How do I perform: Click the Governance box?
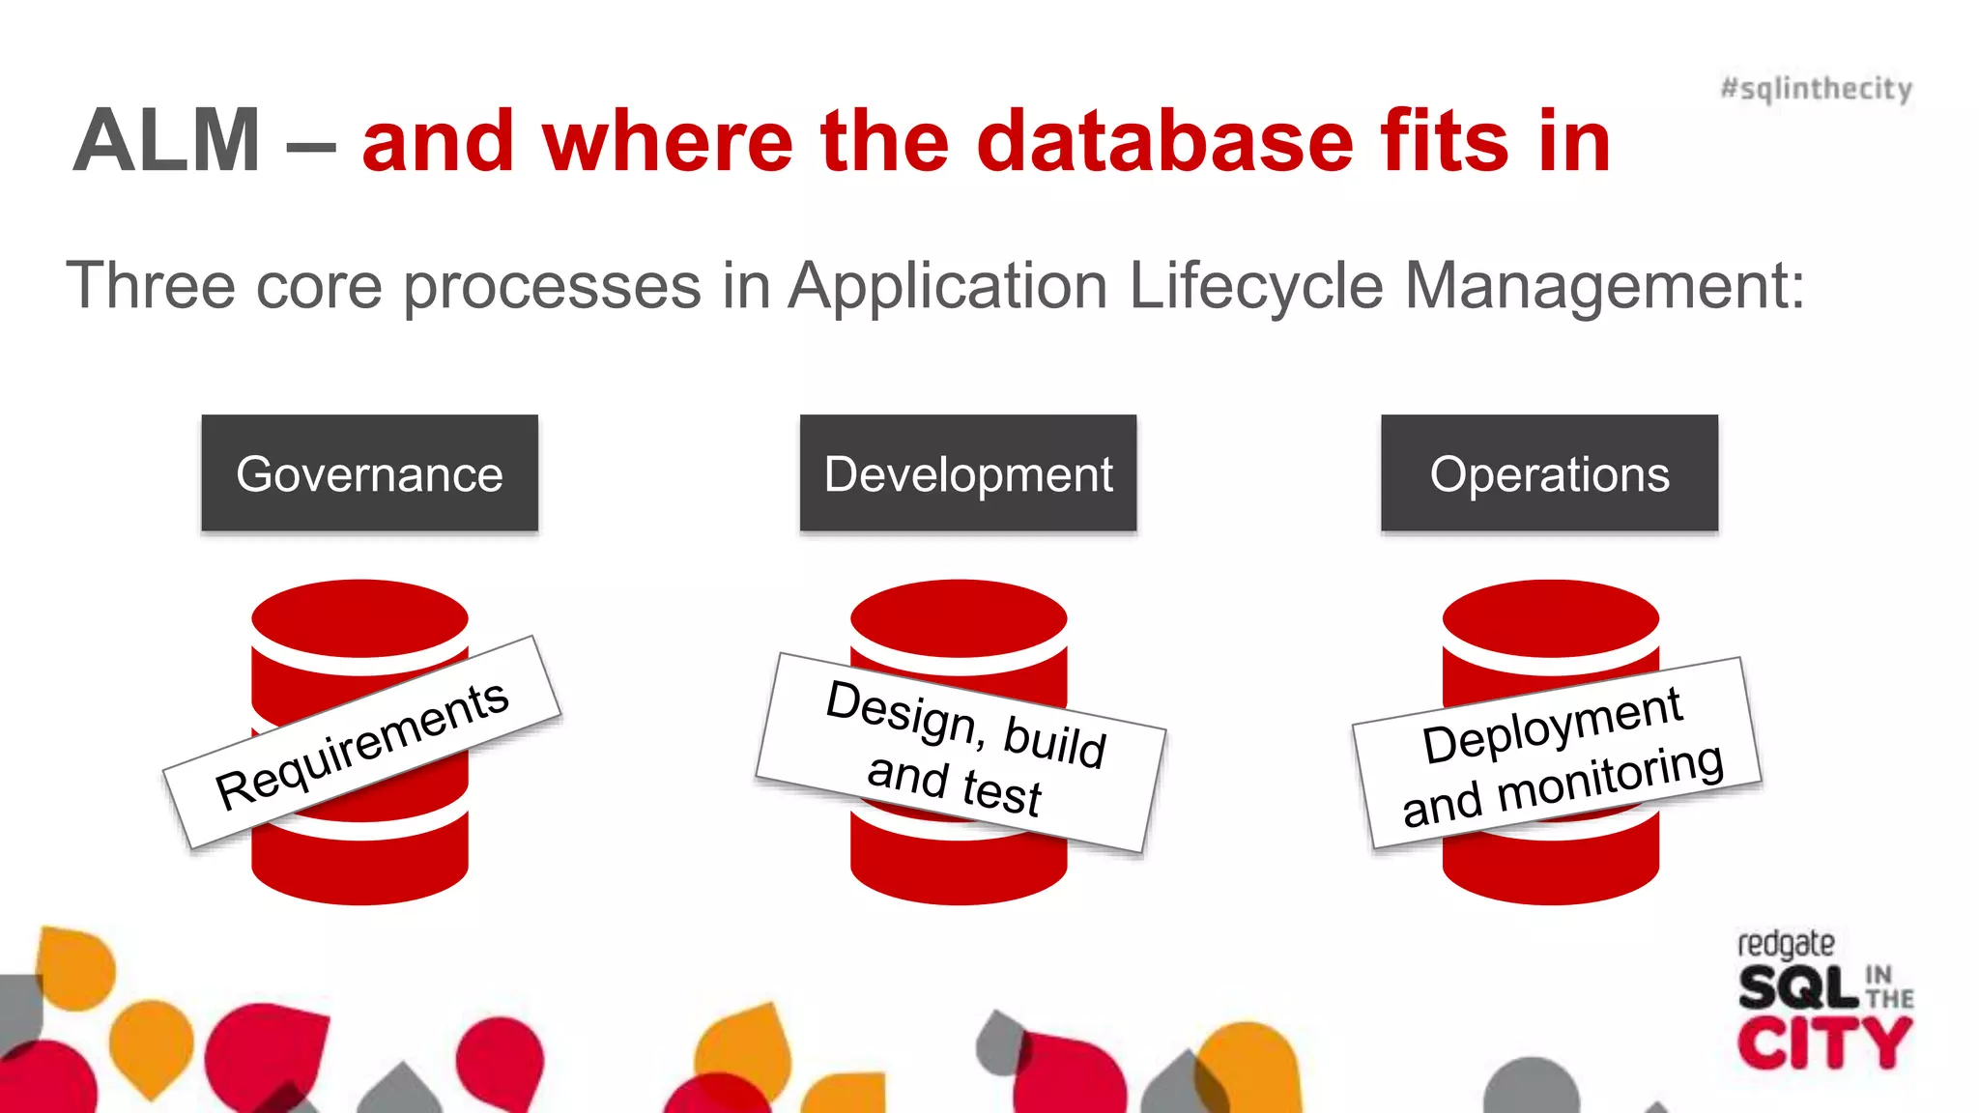pos(369,473)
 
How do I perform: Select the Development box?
pos(967,473)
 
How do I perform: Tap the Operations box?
pos(1549,473)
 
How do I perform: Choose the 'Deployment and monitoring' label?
pos(1557,754)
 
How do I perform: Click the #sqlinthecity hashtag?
pos(1816,89)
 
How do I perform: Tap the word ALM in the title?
pos(167,141)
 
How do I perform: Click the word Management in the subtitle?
pos(1604,286)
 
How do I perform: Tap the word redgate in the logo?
pos(1786,943)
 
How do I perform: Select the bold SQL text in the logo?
pos(1797,988)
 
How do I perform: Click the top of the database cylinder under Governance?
pos(359,616)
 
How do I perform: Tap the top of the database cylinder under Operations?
pos(1550,616)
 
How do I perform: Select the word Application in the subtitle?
pos(948,286)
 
